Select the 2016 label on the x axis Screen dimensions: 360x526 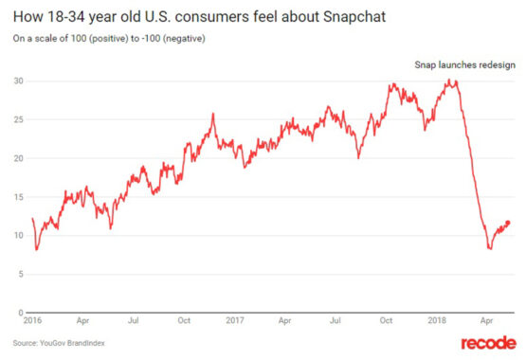point(34,321)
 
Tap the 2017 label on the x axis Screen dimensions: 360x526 point(235,321)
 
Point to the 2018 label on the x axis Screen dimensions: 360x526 point(438,321)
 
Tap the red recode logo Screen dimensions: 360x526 point(489,343)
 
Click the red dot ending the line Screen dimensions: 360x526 point(509,223)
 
